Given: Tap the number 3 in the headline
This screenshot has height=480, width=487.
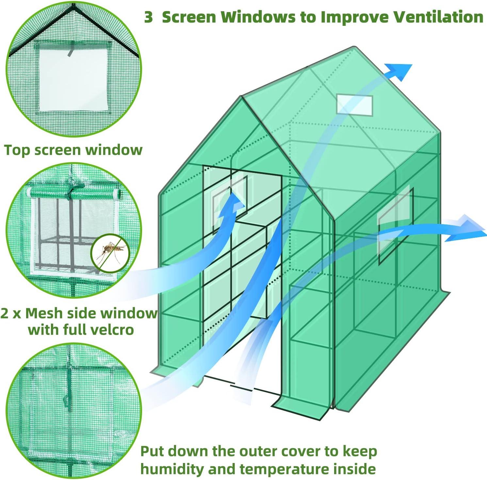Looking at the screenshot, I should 149,17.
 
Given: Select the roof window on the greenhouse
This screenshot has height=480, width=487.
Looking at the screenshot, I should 355,105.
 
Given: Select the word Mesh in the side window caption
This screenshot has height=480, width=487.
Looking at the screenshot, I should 44,313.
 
